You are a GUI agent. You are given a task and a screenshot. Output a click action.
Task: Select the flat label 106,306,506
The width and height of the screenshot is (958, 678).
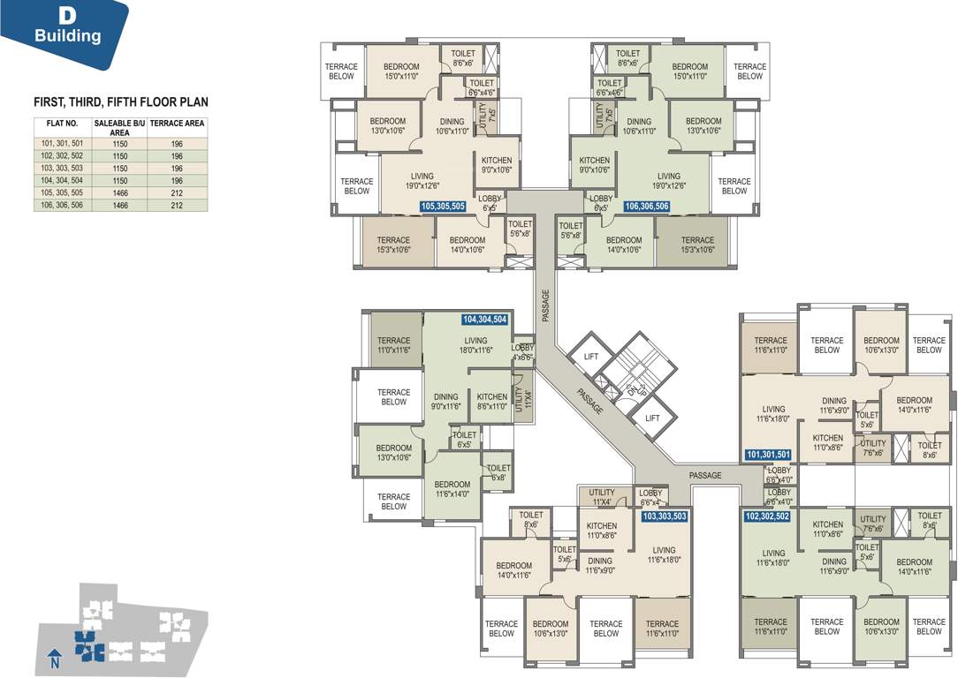646,207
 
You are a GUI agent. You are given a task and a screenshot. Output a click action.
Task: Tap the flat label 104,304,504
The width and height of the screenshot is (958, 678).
483,320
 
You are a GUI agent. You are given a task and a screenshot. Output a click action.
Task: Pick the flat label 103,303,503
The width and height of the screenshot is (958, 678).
664,515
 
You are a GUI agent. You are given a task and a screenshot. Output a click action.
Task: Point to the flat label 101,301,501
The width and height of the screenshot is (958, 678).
768,455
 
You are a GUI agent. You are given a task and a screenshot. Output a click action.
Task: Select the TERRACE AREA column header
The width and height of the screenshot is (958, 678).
177,124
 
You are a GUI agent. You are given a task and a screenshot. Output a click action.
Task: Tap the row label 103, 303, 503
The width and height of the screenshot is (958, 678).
60,168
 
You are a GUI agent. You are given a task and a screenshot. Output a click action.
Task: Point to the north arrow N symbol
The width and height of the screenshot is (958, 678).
55,659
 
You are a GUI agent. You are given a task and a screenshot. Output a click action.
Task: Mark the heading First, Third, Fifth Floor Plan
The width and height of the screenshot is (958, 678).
121,102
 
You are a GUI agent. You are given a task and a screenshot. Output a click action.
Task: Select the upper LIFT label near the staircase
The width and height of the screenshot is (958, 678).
591,357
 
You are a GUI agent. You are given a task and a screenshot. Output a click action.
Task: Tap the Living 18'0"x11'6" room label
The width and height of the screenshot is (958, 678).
475,346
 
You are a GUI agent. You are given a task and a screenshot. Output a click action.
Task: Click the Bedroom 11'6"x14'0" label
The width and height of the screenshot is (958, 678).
452,489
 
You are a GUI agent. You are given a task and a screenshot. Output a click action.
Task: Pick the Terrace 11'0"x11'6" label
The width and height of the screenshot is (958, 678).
393,345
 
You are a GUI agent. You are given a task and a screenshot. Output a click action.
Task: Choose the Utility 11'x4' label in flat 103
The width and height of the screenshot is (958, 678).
602,498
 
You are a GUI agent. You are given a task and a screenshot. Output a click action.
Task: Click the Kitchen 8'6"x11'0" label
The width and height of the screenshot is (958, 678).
492,402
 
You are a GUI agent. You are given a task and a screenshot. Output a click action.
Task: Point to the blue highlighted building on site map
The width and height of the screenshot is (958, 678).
88,646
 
